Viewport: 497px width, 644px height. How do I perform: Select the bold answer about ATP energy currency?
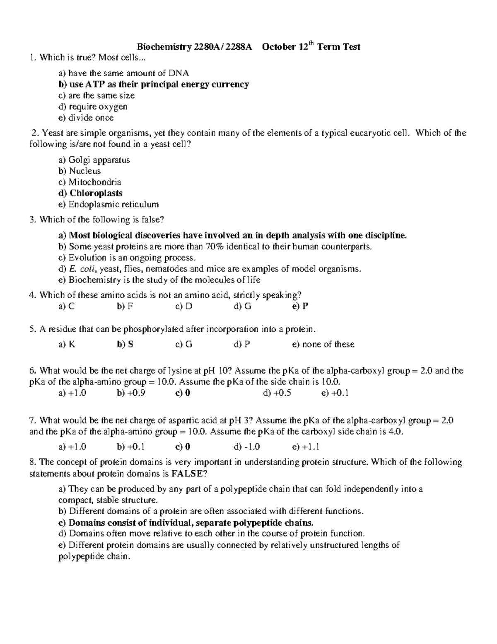pos(154,85)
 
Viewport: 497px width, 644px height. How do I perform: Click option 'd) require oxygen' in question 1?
pos(93,107)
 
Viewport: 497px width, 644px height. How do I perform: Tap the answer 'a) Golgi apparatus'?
pos(94,160)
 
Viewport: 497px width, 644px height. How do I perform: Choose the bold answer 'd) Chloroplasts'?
pos(90,193)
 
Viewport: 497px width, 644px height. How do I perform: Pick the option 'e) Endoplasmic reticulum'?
pos(109,204)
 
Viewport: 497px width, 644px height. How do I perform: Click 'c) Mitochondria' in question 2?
pos(90,182)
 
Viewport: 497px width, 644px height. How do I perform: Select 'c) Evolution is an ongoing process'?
pos(127,258)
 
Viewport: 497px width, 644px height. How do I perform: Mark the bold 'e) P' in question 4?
pos(300,306)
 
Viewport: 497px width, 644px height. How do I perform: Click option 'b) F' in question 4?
pos(125,306)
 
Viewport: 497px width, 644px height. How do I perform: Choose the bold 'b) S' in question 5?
pos(125,344)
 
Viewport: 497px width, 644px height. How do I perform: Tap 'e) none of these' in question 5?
pos(323,344)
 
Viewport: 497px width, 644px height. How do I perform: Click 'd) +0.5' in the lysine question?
pos(277,393)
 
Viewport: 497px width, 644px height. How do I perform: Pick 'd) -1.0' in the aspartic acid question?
pos(247,447)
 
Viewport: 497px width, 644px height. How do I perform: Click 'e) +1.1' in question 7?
pos(306,447)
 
